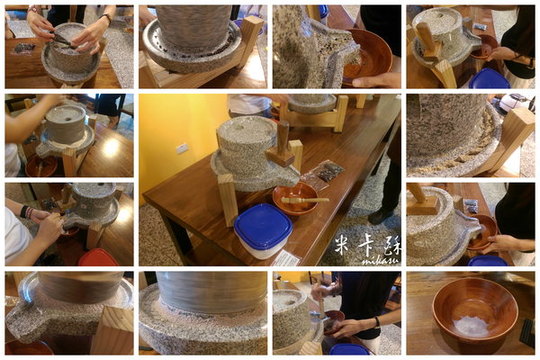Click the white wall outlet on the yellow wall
(182, 148)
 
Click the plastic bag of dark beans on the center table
(325, 172)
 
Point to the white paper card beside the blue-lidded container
(286, 257)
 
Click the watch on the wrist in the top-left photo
(106, 19)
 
